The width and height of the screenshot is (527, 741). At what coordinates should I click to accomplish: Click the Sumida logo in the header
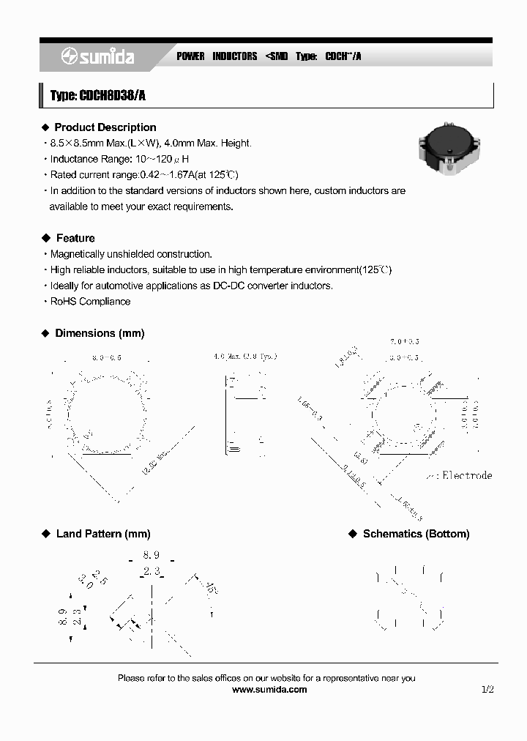pos(97,56)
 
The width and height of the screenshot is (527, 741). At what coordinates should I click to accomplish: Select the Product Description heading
pos(105,127)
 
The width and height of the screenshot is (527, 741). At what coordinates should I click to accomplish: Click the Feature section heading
pos(75,238)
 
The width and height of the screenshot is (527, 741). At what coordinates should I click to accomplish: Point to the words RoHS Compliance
pos(90,302)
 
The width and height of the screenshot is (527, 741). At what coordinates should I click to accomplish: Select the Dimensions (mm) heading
pos(100,333)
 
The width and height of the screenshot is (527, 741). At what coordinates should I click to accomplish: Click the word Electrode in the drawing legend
pos(468,475)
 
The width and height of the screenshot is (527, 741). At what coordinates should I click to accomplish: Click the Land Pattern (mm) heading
pos(102,534)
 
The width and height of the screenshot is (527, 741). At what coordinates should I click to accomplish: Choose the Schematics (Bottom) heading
pos(416,534)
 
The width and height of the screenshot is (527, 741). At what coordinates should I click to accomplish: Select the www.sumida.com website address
pos(269,689)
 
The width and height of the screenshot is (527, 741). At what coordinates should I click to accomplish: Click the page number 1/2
pos(488,689)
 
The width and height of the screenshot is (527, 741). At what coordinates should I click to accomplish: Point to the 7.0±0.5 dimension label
pos(405,342)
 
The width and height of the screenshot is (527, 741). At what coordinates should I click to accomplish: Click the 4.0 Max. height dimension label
pos(245,357)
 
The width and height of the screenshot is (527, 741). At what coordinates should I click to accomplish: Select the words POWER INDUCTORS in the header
pos(217,56)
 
